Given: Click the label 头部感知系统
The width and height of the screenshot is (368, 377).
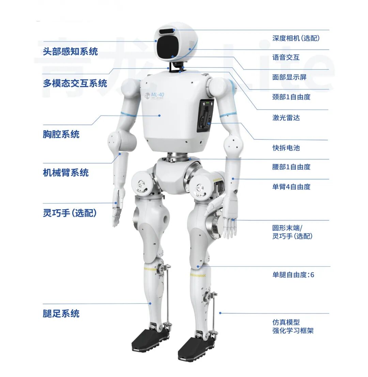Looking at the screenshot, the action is click(70, 51).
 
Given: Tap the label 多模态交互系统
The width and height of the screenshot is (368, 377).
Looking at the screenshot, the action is click(75, 83).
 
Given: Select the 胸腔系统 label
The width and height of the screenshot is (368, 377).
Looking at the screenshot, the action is click(61, 134).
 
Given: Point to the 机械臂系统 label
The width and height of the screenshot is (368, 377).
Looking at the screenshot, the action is click(66, 173).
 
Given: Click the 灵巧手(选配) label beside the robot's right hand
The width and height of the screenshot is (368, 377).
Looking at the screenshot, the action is click(70, 213).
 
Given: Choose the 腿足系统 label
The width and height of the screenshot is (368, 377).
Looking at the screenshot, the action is click(61, 313).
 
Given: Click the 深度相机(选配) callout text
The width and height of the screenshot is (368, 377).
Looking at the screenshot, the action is click(296, 38).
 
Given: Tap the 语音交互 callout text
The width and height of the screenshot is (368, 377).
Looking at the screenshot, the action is click(286, 57).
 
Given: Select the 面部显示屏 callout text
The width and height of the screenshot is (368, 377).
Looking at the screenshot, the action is click(289, 77).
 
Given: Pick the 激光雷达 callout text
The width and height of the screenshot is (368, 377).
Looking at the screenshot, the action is click(286, 118).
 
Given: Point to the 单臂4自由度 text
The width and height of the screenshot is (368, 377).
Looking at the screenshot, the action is click(291, 187).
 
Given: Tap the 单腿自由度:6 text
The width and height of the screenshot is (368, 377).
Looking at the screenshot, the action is click(293, 275).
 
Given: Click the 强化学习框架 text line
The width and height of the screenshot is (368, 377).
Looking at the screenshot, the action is click(293, 330).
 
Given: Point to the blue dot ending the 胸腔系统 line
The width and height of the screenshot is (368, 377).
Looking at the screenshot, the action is click(159, 115).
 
